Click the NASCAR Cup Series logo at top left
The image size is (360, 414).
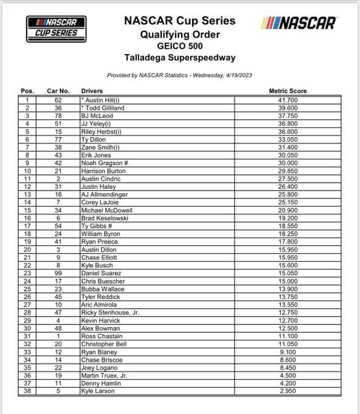[56, 26]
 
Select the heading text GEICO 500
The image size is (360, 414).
[180, 46]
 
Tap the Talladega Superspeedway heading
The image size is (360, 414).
[180, 58]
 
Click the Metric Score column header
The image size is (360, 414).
[288, 91]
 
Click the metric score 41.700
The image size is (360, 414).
[288, 99]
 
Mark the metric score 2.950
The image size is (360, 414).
[288, 391]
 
